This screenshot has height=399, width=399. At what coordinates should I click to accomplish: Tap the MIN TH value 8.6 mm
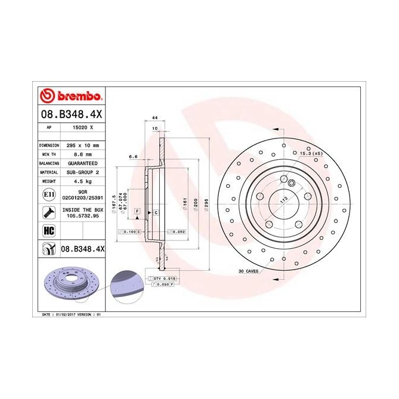[x=78, y=154]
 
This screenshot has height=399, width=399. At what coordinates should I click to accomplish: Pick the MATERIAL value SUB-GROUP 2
[x=81, y=171]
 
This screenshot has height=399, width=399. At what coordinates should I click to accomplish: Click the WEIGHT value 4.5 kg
[x=77, y=180]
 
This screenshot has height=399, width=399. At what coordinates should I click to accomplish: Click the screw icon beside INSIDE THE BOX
[x=48, y=212]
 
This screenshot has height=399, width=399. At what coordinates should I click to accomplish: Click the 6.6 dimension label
[x=133, y=157]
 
